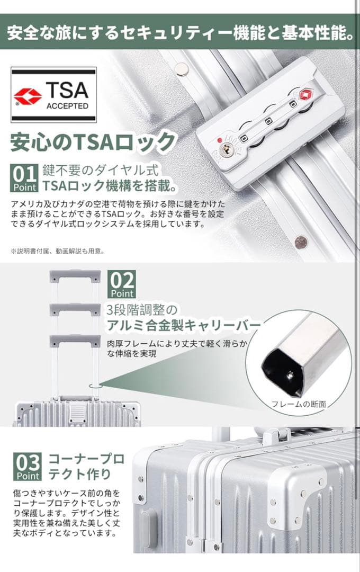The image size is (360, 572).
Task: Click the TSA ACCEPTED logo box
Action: [x=53, y=95]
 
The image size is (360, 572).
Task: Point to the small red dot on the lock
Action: [x=219, y=140]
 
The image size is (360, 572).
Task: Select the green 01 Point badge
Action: [x=25, y=178]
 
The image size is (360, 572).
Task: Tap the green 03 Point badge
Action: [x=28, y=467]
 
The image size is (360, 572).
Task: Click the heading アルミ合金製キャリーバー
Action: [x=184, y=325]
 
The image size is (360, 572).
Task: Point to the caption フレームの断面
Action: [x=299, y=404]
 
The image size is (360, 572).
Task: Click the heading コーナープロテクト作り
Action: [x=86, y=466]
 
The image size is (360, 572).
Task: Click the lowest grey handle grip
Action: [x=75, y=341]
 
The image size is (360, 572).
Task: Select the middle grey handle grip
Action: [x=75, y=309]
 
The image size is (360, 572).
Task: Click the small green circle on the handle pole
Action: [x=95, y=386]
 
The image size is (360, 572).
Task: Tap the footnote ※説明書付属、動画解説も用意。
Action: [x=58, y=251]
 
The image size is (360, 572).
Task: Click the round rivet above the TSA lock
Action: [x=181, y=68]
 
